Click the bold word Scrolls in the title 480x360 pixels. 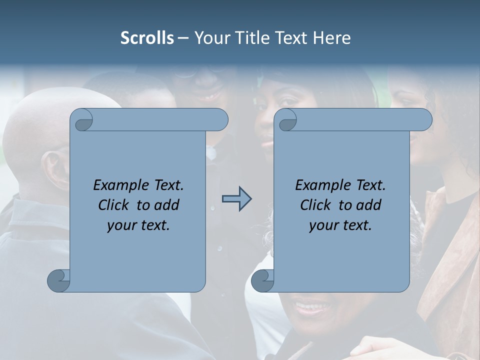[x=147, y=38]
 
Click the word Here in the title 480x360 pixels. [x=331, y=38]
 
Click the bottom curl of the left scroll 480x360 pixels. [x=58, y=280]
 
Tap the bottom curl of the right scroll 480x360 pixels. [x=262, y=280]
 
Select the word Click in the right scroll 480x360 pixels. [x=314, y=205]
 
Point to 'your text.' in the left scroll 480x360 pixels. [x=138, y=225]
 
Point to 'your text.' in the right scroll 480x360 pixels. [x=340, y=225]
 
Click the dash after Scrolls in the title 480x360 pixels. [x=183, y=38]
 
